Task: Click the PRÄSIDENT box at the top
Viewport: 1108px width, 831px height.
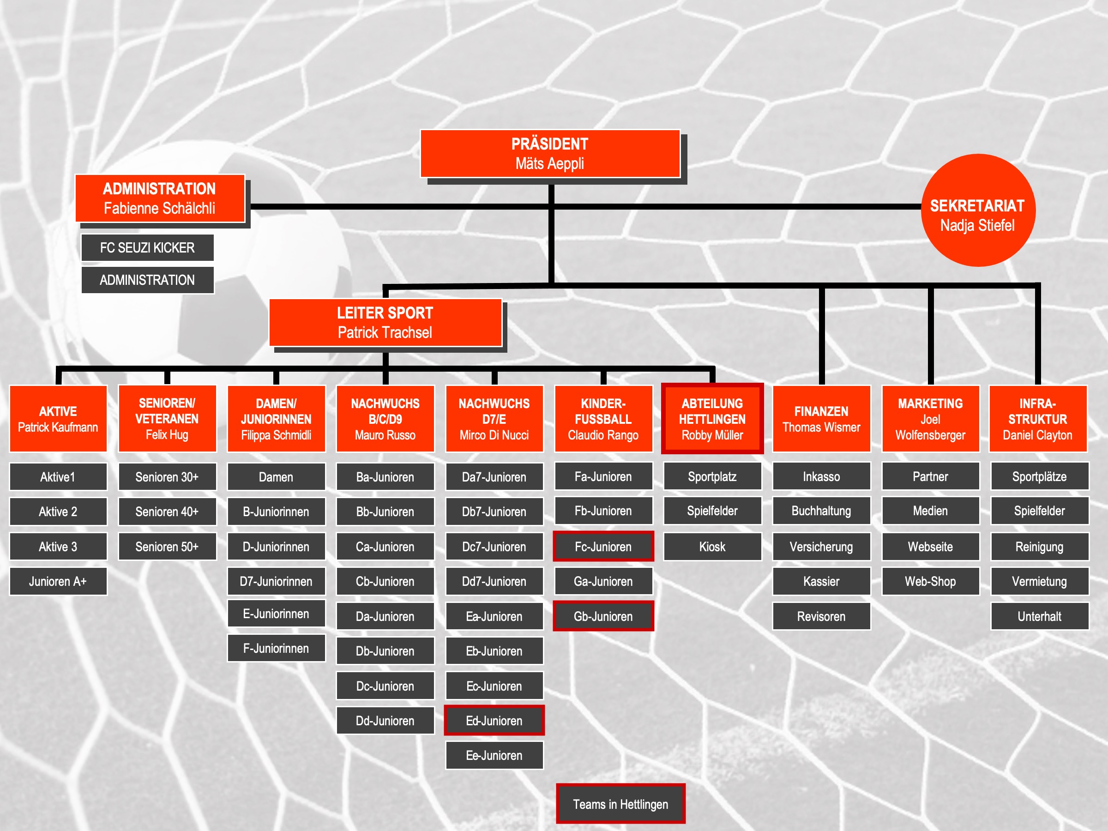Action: pos(550,154)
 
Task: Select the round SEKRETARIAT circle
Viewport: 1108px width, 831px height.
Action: pos(978,211)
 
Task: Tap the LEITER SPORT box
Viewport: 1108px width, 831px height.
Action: pos(385,323)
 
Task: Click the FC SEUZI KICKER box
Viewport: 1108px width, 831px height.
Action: pos(147,247)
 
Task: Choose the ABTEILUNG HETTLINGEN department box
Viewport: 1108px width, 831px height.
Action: pos(712,419)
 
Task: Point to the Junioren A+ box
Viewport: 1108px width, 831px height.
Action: pos(58,582)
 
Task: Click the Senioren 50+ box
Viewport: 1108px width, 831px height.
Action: pos(167,547)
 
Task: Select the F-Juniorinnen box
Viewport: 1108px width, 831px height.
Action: pos(276,648)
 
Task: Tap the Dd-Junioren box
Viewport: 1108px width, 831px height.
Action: pos(385,721)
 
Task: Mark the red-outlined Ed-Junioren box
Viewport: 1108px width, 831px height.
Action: pos(494,721)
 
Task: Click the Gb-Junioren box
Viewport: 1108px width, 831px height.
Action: pos(603,616)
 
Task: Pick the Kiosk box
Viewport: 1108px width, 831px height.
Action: pos(712,547)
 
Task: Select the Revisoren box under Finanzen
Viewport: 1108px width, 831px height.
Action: pos(821,616)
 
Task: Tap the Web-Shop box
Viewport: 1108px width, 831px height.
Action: pos(931,582)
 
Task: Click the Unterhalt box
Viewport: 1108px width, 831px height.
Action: pos(1039,616)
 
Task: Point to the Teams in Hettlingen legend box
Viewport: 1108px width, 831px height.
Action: pos(620,804)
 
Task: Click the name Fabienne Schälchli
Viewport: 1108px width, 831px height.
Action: pos(159,208)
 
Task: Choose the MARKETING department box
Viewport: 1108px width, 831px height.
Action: pos(931,419)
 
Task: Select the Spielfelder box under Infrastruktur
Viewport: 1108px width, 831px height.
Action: pos(1039,511)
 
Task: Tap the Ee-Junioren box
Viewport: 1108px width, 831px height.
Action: pos(494,755)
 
